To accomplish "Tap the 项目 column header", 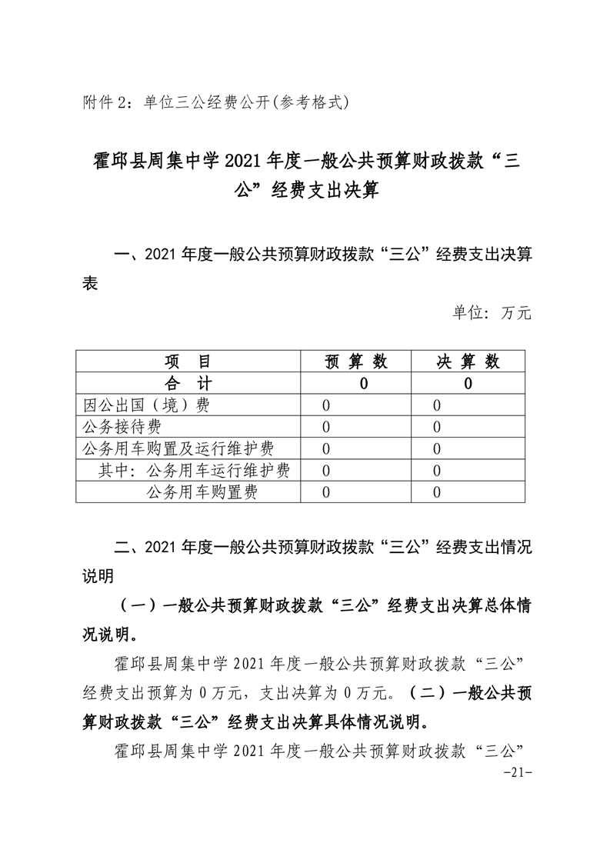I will click(186, 362).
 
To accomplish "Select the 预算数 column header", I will click(356, 362).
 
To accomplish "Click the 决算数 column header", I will click(468, 362).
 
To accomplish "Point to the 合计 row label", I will click(186, 384).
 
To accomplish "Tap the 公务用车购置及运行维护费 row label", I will click(178, 448).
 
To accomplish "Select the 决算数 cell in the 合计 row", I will click(468, 384).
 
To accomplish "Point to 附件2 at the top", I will click(107, 101).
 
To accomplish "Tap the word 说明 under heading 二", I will click(98, 576).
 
